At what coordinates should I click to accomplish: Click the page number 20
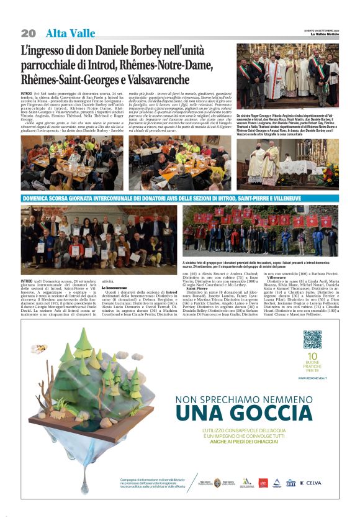[x=28, y=33]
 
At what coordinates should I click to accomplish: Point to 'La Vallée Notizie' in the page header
[x=325, y=34]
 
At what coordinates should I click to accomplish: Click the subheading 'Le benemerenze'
[x=117, y=288]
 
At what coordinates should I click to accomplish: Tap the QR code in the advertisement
[x=312, y=339]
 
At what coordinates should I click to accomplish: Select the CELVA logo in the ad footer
[x=312, y=482]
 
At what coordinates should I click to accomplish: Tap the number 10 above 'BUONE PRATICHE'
[x=312, y=356]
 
